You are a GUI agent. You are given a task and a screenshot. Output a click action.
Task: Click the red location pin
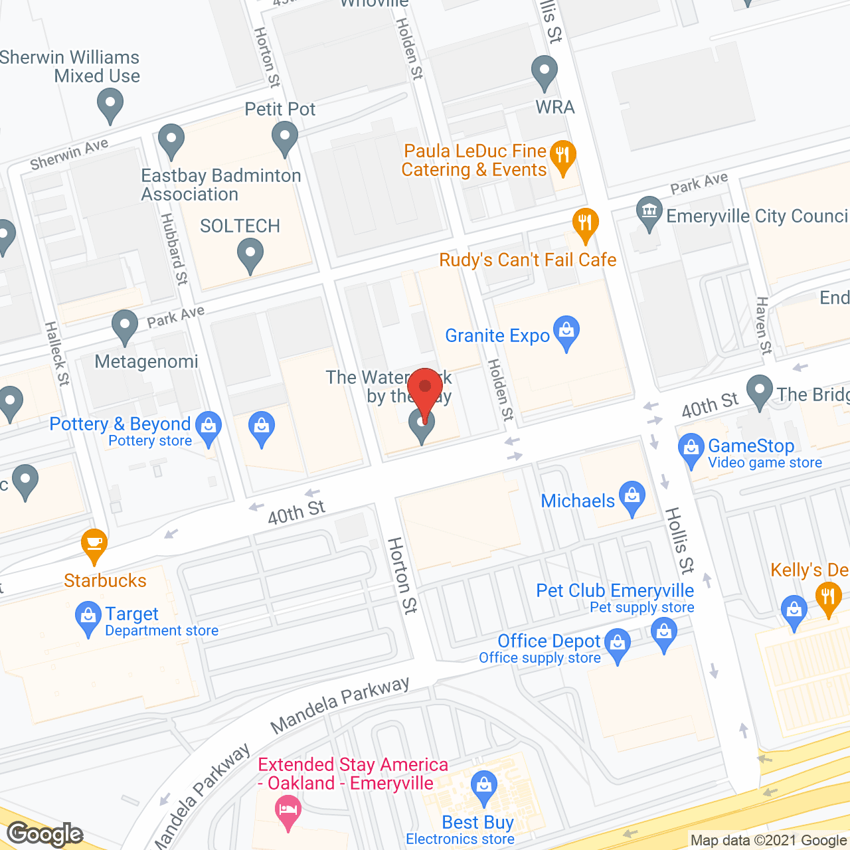pyautogui.click(x=425, y=392)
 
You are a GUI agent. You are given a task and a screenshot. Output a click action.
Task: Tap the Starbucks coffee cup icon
pyautogui.click(x=94, y=544)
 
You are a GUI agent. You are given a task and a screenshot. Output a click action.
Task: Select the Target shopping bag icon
pyautogui.click(x=88, y=617)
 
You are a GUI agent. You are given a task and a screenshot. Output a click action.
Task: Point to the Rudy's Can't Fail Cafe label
pyautogui.click(x=528, y=260)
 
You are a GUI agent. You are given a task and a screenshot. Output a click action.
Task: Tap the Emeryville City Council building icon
pyautogui.click(x=649, y=212)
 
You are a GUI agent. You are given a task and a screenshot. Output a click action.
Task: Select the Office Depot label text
pyautogui.click(x=549, y=641)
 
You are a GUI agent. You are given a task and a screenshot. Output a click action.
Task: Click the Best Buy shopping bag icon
pyautogui.click(x=484, y=786)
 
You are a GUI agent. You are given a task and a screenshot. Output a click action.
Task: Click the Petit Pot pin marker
pyautogui.click(x=285, y=139)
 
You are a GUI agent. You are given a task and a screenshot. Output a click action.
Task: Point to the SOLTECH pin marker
pyautogui.click(x=250, y=255)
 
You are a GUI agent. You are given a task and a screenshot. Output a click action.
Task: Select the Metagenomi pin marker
pyautogui.click(x=124, y=326)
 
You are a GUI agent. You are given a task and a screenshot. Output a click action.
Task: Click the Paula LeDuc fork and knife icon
pyautogui.click(x=563, y=157)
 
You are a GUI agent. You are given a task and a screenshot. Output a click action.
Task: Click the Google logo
pyautogui.click(x=45, y=834)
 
